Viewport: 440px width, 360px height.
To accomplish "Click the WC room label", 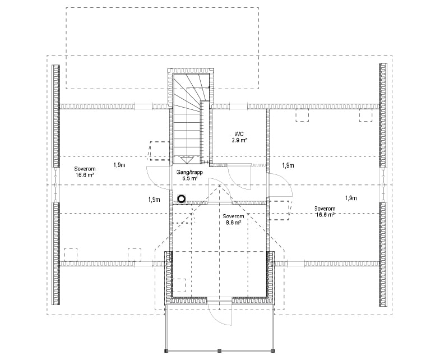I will (x=239, y=133).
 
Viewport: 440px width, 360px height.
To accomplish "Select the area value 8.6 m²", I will (x=233, y=223).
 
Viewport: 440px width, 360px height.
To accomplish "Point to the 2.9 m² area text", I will (x=240, y=140).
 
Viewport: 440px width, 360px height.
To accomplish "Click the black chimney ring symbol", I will (x=181, y=199).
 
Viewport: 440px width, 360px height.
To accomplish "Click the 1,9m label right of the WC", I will (x=288, y=165).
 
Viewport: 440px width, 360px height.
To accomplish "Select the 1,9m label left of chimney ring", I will (x=155, y=199).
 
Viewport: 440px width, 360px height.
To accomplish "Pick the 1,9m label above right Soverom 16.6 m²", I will (x=351, y=198).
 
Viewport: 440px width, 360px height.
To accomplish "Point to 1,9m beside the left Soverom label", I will (x=119, y=165).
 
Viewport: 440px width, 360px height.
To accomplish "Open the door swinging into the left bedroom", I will (x=158, y=180).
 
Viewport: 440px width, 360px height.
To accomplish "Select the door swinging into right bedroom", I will (x=280, y=185).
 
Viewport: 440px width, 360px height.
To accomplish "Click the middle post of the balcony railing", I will (x=219, y=351).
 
